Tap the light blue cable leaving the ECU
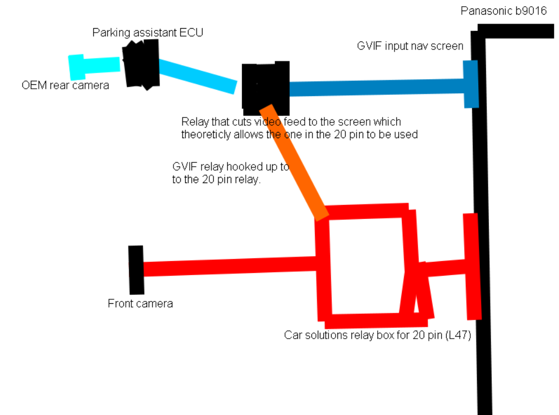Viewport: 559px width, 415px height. click(x=196, y=75)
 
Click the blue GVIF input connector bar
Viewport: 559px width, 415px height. click(x=471, y=84)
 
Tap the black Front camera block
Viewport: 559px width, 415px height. click(x=136, y=270)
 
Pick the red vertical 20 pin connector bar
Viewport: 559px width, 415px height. click(x=472, y=266)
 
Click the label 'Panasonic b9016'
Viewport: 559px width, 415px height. click(x=503, y=11)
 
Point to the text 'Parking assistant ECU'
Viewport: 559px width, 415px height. click(x=148, y=33)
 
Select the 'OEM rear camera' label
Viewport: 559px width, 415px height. click(x=65, y=86)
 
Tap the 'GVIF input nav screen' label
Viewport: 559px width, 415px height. click(x=410, y=46)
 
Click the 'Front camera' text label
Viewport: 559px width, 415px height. click(x=140, y=304)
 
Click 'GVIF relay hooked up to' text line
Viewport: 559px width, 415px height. click(x=231, y=167)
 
